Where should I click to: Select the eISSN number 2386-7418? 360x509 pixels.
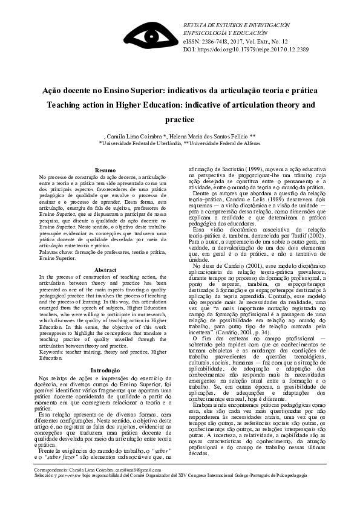coord(218,40)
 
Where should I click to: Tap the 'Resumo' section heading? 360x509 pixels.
coord(105,170)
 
